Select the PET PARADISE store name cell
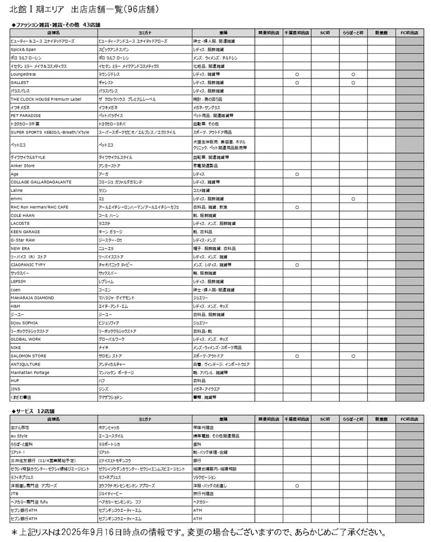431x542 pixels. pos(25,116)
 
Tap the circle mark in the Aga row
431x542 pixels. pos(297,174)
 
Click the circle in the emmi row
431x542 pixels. pos(353,199)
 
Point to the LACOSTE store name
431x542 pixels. pos(20,223)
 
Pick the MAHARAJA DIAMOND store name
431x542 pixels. pos(32,298)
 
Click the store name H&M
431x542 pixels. pos(16,306)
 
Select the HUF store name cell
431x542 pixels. pos(15,381)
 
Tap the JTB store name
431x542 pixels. pos(15,493)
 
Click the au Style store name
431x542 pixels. pos(19,435)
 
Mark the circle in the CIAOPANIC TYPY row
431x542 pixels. pos(297,265)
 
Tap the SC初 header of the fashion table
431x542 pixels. pos(325,32)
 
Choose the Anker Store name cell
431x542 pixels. pos(23,166)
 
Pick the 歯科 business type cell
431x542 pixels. pos(197,444)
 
